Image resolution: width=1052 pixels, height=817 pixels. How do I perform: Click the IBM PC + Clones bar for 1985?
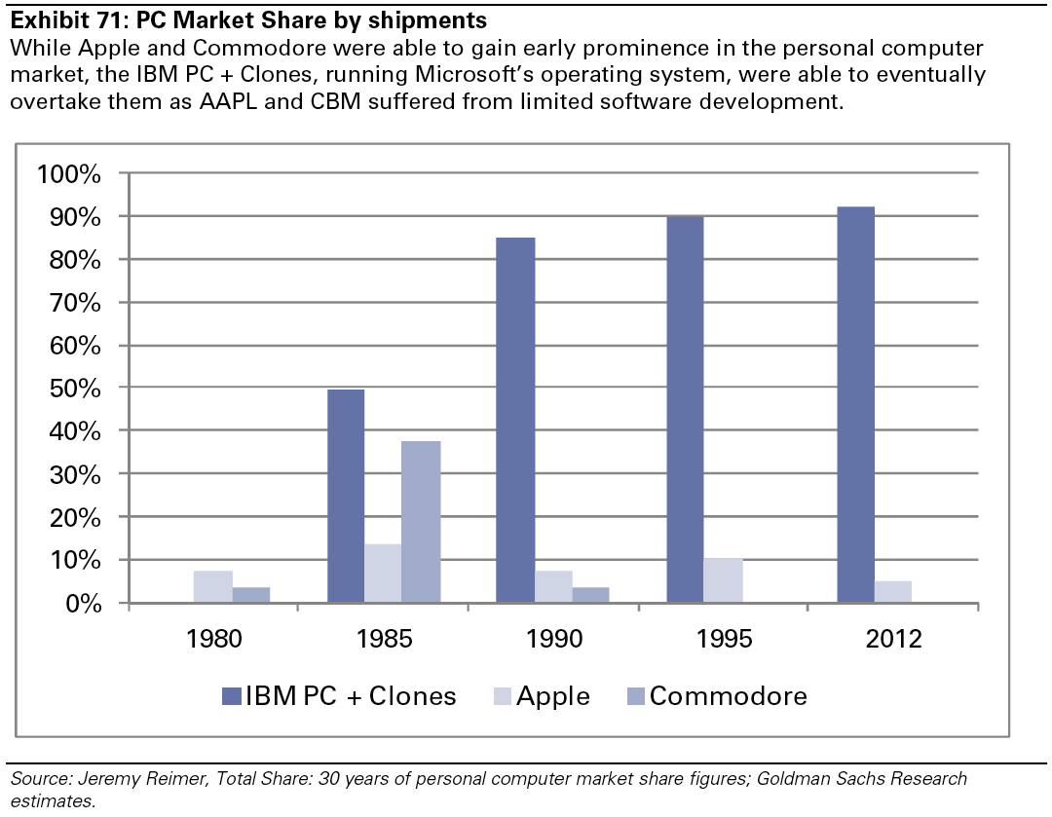pos(346,496)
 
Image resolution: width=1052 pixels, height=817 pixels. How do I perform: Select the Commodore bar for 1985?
pos(421,522)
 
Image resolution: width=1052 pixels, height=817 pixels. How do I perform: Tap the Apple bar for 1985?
pos(384,574)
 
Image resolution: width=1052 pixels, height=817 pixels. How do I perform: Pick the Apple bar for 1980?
pos(212,587)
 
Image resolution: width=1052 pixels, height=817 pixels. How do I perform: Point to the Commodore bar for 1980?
pos(250,595)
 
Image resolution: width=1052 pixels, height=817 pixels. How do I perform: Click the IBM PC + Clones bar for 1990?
pos(515,420)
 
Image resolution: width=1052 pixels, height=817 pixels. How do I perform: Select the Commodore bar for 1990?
pos(590,595)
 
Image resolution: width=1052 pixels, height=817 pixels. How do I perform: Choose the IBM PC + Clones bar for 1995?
pos(685,409)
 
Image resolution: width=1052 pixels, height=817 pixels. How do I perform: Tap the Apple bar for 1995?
pos(723,580)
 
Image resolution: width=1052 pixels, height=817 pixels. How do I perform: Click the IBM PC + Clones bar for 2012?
pos(855,404)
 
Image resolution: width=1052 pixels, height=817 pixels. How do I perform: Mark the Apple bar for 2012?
pos(893,592)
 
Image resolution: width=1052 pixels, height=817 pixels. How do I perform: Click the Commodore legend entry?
pos(716,696)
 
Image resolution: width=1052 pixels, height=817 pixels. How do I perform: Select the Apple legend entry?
pos(541,696)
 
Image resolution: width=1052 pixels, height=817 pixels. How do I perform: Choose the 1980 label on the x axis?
pos(213,640)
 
